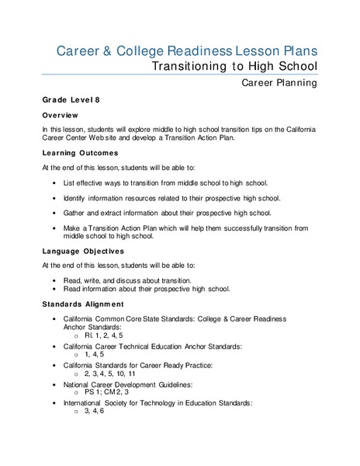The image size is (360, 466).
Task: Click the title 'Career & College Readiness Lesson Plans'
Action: (187, 51)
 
